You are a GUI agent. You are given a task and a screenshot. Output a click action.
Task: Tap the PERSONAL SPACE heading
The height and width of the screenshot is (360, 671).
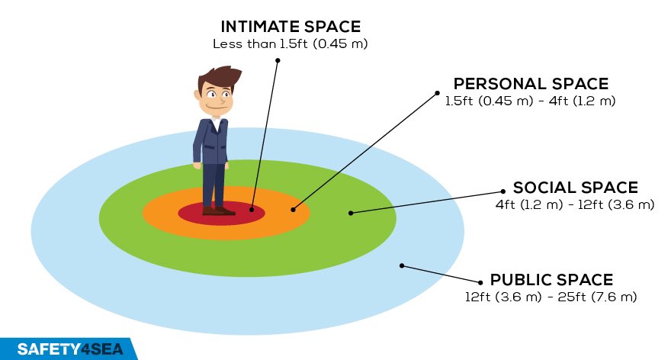click(531, 84)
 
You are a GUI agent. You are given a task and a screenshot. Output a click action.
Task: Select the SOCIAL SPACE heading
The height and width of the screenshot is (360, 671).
click(576, 188)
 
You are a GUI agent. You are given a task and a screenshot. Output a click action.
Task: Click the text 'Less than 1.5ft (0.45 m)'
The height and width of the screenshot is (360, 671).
click(290, 44)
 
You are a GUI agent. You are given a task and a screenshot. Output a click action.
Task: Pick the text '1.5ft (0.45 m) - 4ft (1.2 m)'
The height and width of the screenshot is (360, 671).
click(531, 101)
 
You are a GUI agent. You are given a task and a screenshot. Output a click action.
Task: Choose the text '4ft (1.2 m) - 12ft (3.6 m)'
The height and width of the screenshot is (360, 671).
click(576, 204)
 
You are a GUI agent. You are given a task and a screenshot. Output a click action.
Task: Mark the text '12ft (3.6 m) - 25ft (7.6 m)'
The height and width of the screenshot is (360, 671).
click(551, 296)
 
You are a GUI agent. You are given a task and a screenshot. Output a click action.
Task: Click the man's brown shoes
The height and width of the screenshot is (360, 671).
click(218, 210)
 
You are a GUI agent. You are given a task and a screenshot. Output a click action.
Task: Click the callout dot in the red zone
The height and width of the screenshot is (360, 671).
click(252, 206)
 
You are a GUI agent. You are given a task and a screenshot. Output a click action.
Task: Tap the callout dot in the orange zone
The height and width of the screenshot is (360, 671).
click(293, 208)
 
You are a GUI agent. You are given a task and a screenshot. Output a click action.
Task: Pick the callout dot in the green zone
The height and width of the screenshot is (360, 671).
click(351, 212)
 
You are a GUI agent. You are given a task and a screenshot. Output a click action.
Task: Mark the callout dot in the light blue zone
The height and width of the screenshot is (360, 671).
click(402, 266)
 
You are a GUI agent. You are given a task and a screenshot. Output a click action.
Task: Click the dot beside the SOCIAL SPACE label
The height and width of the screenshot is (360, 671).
click(503, 191)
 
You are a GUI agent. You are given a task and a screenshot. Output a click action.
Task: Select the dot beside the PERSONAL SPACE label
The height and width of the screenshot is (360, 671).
click(438, 94)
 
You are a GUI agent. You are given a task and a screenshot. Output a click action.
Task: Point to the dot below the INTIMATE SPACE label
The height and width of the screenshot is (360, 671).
click(279, 59)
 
